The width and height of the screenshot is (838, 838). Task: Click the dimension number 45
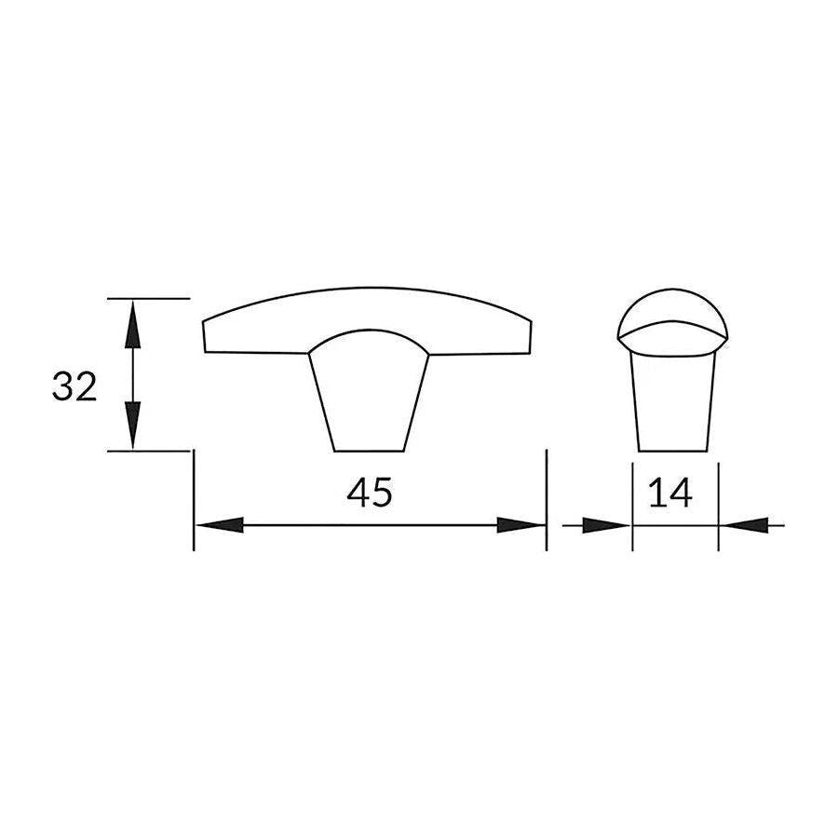[x=370, y=493]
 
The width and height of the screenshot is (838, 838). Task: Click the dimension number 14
[x=671, y=493]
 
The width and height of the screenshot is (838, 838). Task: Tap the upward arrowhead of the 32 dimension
[x=133, y=321]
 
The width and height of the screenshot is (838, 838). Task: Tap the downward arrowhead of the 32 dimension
[x=133, y=426]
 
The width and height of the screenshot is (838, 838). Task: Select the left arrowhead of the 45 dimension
[x=220, y=525]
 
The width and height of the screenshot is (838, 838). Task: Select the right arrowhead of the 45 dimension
[x=520, y=525]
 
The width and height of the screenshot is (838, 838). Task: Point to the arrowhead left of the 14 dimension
[x=606, y=525]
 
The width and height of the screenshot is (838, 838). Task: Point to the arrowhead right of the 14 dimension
[x=745, y=525]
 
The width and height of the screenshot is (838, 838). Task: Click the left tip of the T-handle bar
[x=205, y=337]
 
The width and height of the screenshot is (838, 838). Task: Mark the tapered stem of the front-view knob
[x=369, y=400]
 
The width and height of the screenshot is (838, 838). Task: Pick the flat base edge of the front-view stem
[x=370, y=452]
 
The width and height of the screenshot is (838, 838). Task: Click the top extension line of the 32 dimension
[x=149, y=298]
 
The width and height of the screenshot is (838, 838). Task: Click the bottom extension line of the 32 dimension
[x=149, y=451]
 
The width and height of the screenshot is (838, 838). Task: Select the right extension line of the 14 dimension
[x=718, y=503]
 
